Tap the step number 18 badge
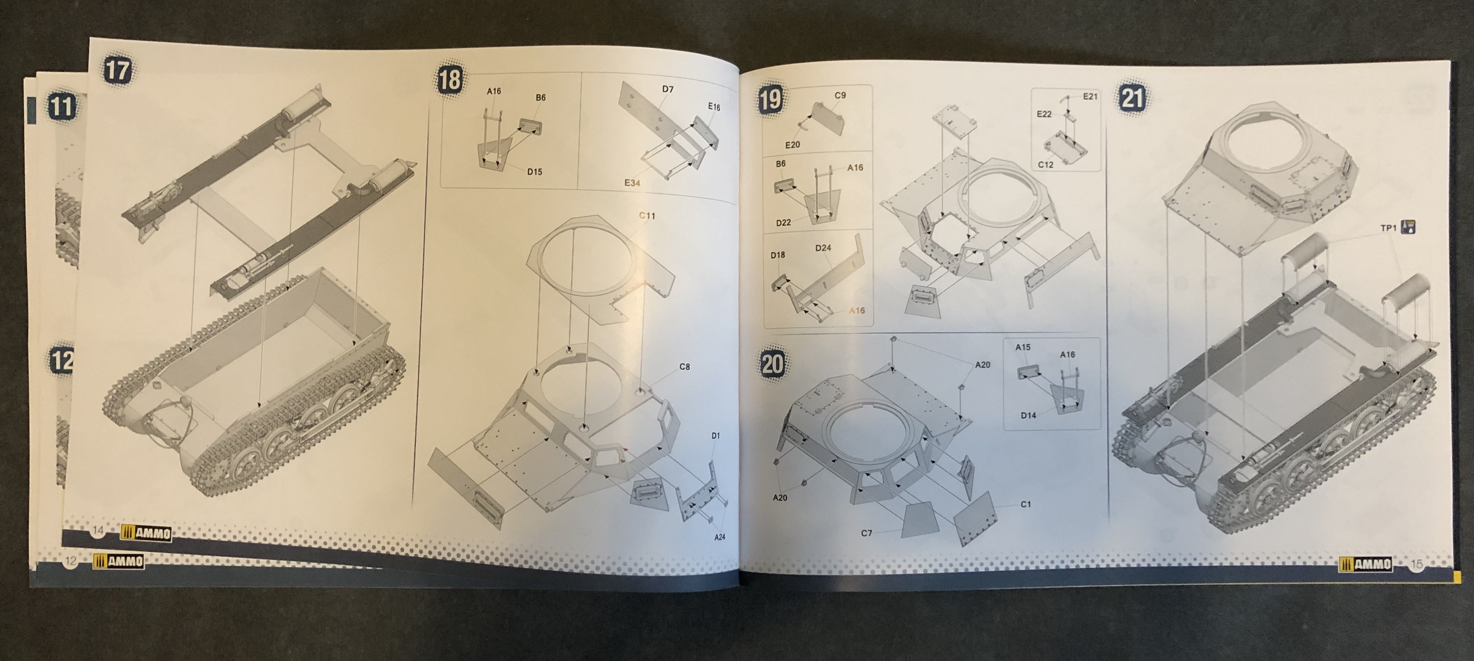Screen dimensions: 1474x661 tap(450, 79)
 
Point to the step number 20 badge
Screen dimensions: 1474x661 tap(772, 364)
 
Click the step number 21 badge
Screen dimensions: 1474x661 tap(1132, 98)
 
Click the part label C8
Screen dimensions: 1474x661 tap(684, 367)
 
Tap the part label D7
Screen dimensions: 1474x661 tap(668, 89)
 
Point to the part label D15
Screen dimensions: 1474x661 tap(535, 172)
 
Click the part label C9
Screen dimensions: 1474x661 tap(840, 96)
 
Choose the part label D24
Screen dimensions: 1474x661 tap(823, 248)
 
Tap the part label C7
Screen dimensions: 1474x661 tap(867, 533)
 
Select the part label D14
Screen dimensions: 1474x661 tap(1028, 415)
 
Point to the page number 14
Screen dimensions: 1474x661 tap(98, 530)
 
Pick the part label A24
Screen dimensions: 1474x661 tap(719, 537)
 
